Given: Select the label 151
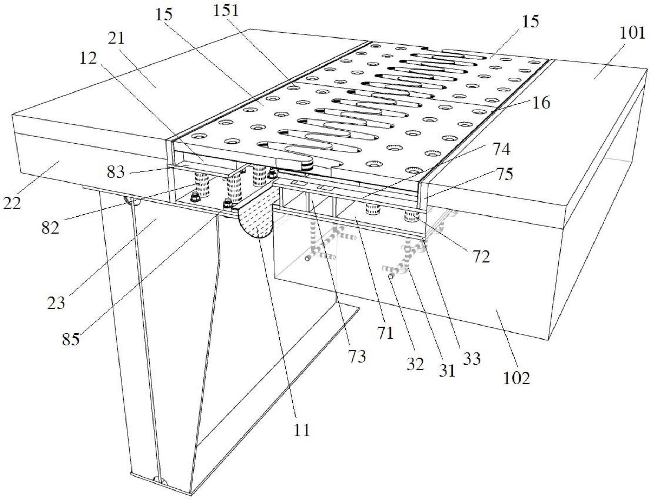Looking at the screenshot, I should [x=226, y=11].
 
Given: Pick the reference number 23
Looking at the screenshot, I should [x=56, y=302].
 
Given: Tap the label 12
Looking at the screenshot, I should [x=88, y=58].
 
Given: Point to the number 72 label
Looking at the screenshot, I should [x=481, y=257].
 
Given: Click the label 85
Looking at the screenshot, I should [x=71, y=339].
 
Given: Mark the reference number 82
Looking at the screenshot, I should [x=50, y=228].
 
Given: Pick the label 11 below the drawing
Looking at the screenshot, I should [x=302, y=430].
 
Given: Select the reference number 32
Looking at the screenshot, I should [x=415, y=364].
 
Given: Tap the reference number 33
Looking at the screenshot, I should [x=471, y=358].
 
